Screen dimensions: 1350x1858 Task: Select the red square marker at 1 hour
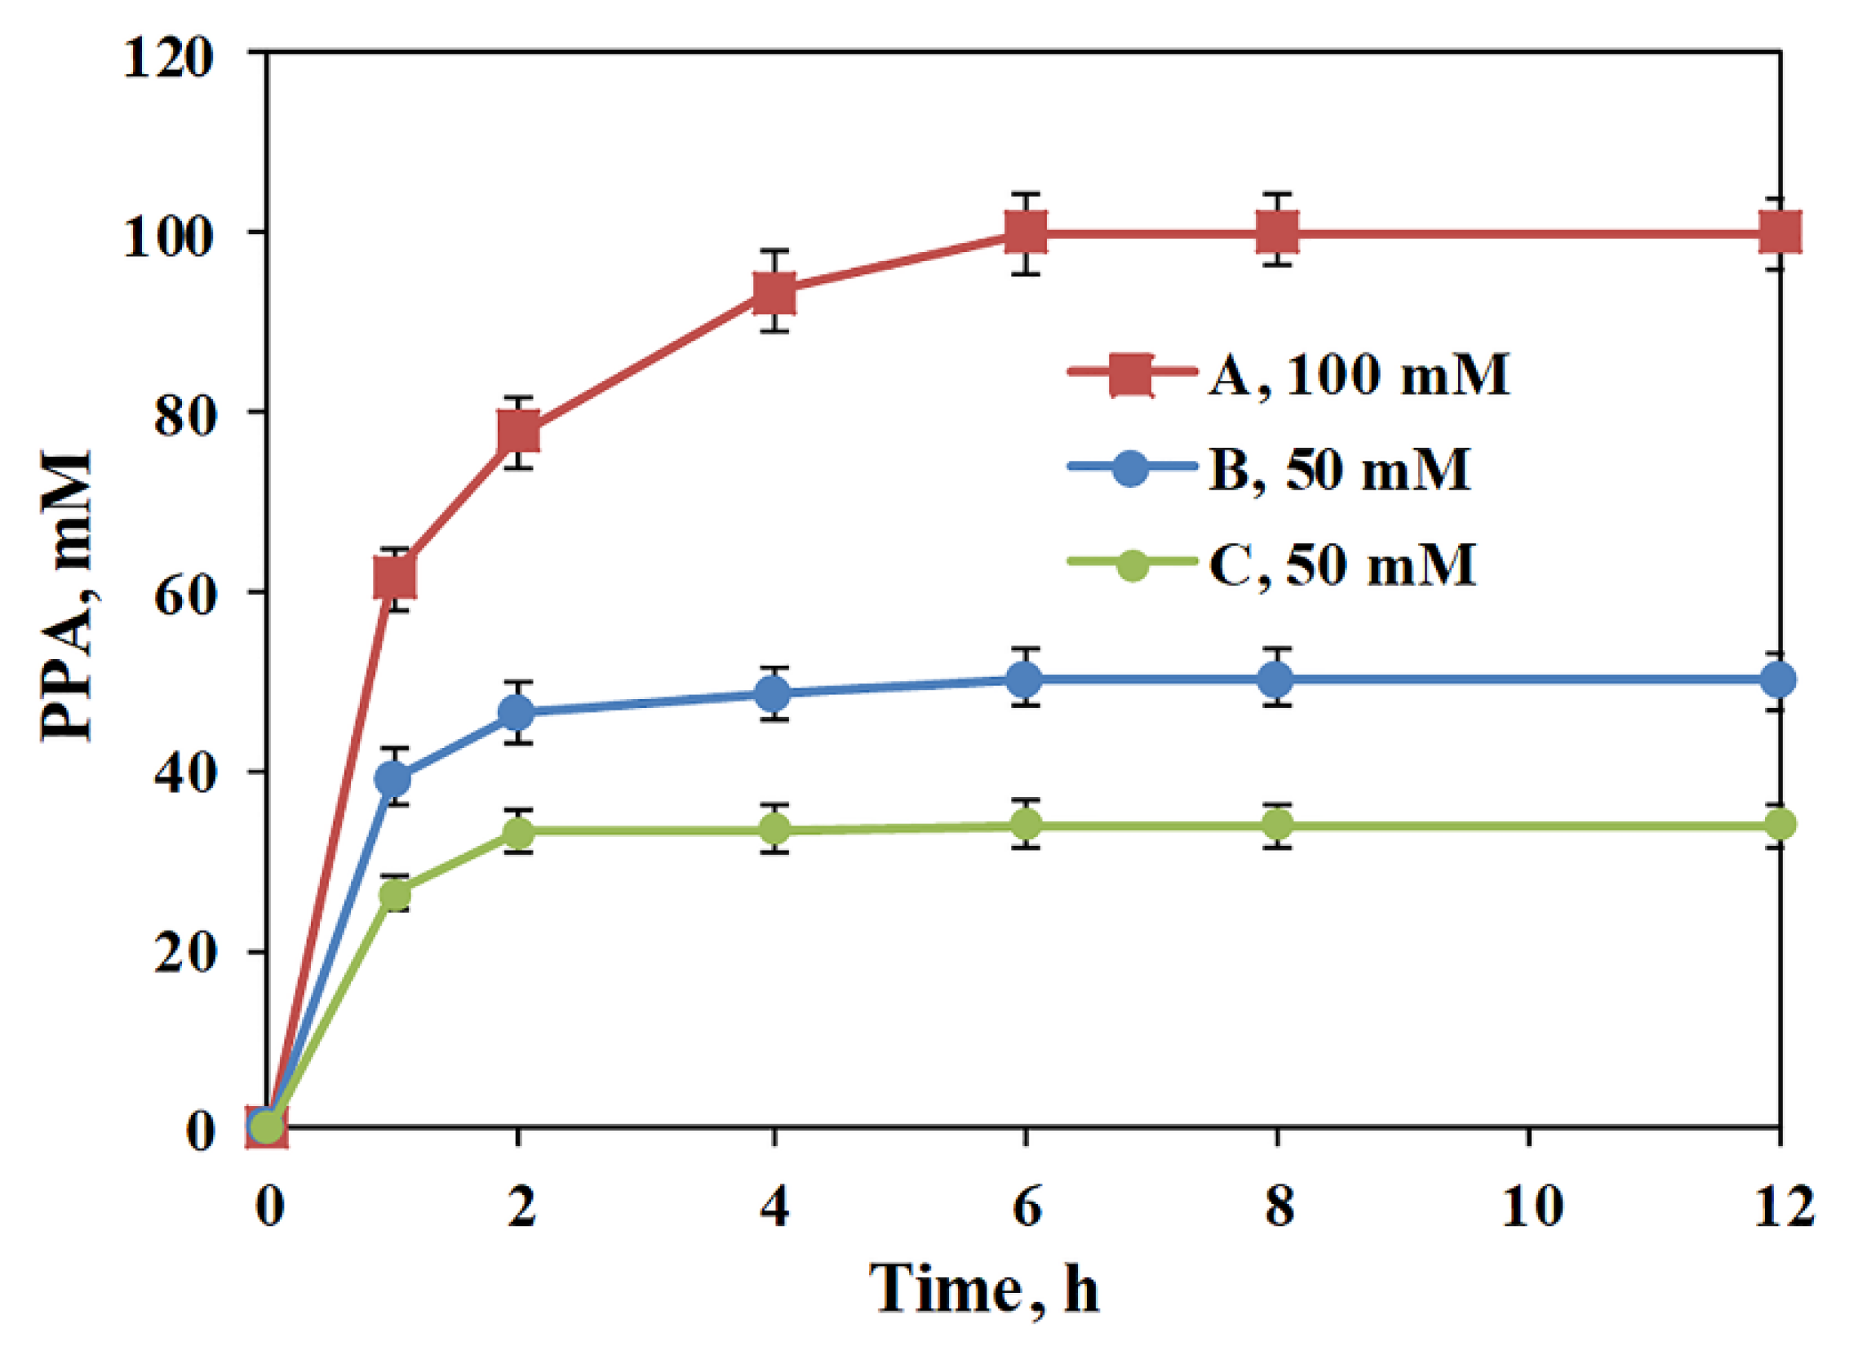(394, 577)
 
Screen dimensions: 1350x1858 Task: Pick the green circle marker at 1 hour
(395, 894)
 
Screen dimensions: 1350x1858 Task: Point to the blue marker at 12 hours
(1778, 679)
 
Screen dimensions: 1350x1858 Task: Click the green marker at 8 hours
(1276, 824)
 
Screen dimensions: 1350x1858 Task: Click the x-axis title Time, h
(983, 1289)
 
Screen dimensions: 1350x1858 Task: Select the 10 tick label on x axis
(1529, 1206)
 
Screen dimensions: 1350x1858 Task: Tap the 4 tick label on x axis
(774, 1206)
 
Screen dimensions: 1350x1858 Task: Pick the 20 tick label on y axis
(184, 954)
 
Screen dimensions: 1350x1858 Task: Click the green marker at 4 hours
(774, 830)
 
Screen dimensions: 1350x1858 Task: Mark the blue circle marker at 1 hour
(394, 777)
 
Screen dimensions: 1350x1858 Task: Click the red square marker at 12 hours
(1778, 232)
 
